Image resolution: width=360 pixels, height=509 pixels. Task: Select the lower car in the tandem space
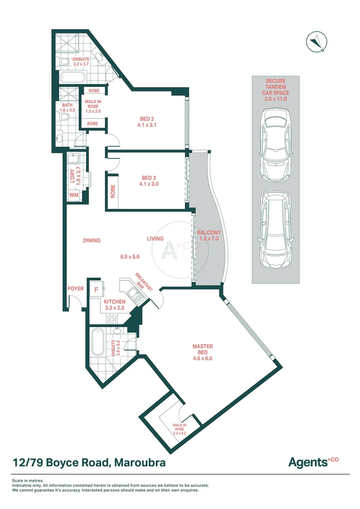click(275, 230)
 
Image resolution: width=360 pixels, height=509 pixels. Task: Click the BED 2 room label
click(147, 122)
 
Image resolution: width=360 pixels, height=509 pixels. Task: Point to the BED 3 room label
click(150, 181)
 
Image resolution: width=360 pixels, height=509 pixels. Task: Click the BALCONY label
click(209, 236)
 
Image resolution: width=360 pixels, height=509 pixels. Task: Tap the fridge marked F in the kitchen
click(96, 290)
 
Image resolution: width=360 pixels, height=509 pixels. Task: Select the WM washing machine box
click(74, 195)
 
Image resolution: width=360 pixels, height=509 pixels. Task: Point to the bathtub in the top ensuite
click(72, 78)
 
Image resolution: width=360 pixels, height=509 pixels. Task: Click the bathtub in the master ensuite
click(98, 342)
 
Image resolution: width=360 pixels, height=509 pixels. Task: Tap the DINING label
click(91, 240)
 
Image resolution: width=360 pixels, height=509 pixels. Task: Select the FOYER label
click(75, 288)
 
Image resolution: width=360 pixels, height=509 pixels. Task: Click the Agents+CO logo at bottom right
click(313, 462)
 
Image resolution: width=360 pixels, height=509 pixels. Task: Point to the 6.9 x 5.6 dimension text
click(131, 257)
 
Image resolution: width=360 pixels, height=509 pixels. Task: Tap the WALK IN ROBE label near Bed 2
click(92, 107)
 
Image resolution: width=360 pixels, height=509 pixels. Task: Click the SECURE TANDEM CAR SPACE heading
click(275, 90)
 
